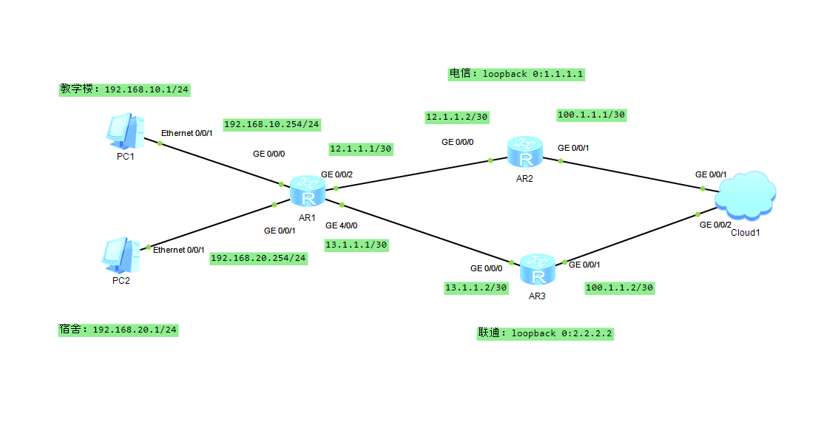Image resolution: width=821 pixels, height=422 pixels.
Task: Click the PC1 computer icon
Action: click(x=124, y=132)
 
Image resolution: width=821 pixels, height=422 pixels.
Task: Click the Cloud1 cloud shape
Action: click(x=745, y=194)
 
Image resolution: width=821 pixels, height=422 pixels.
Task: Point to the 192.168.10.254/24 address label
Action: click(x=271, y=124)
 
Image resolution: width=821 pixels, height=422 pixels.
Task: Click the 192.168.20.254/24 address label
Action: click(x=258, y=258)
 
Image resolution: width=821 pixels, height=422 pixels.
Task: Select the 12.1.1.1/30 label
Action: click(x=360, y=149)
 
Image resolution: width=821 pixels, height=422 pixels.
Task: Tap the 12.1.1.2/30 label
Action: click(x=457, y=117)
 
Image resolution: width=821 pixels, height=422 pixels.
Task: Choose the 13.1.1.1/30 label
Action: click(x=356, y=245)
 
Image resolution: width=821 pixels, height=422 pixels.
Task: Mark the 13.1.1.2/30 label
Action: click(x=476, y=287)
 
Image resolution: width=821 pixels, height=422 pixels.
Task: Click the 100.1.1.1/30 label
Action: click(x=592, y=115)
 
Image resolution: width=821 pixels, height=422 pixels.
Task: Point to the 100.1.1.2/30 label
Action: click(x=620, y=287)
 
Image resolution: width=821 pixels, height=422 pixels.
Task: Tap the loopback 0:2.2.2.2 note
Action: click(x=546, y=333)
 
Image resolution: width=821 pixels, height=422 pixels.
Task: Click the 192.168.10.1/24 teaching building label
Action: click(x=125, y=89)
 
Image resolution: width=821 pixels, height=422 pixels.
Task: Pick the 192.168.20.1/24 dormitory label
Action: click(x=118, y=329)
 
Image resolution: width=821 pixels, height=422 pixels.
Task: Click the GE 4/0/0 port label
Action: click(x=341, y=225)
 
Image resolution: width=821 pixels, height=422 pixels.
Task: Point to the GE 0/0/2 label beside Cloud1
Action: click(x=715, y=224)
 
